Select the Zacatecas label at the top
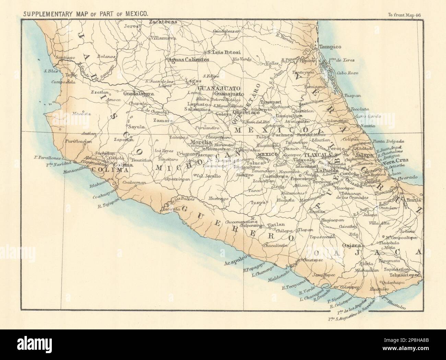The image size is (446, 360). pyautogui.click(x=163, y=22)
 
